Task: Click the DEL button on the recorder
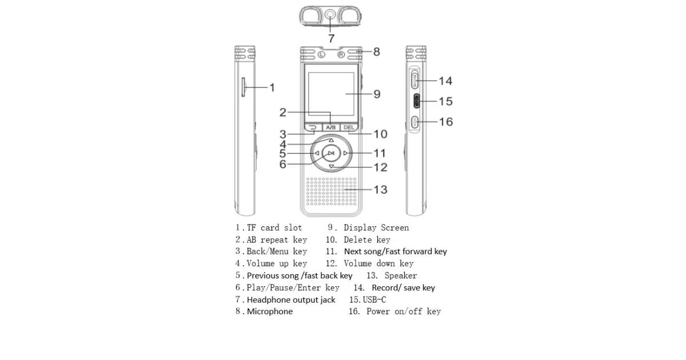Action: coord(348,127)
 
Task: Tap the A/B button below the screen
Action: coord(330,127)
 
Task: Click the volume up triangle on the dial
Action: coord(331,140)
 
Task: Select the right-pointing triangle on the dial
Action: coord(345,153)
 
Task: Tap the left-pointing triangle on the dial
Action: coord(317,153)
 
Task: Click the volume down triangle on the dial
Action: coord(331,166)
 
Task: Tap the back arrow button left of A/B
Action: coord(312,127)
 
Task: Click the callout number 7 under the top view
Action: coord(331,39)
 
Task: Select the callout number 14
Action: coord(445,81)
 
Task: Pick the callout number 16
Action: coord(445,122)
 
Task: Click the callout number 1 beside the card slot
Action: coord(272,87)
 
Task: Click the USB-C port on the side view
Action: coord(416,101)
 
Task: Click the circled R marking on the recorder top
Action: coord(341,55)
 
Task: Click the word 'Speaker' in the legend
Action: coord(401,275)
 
